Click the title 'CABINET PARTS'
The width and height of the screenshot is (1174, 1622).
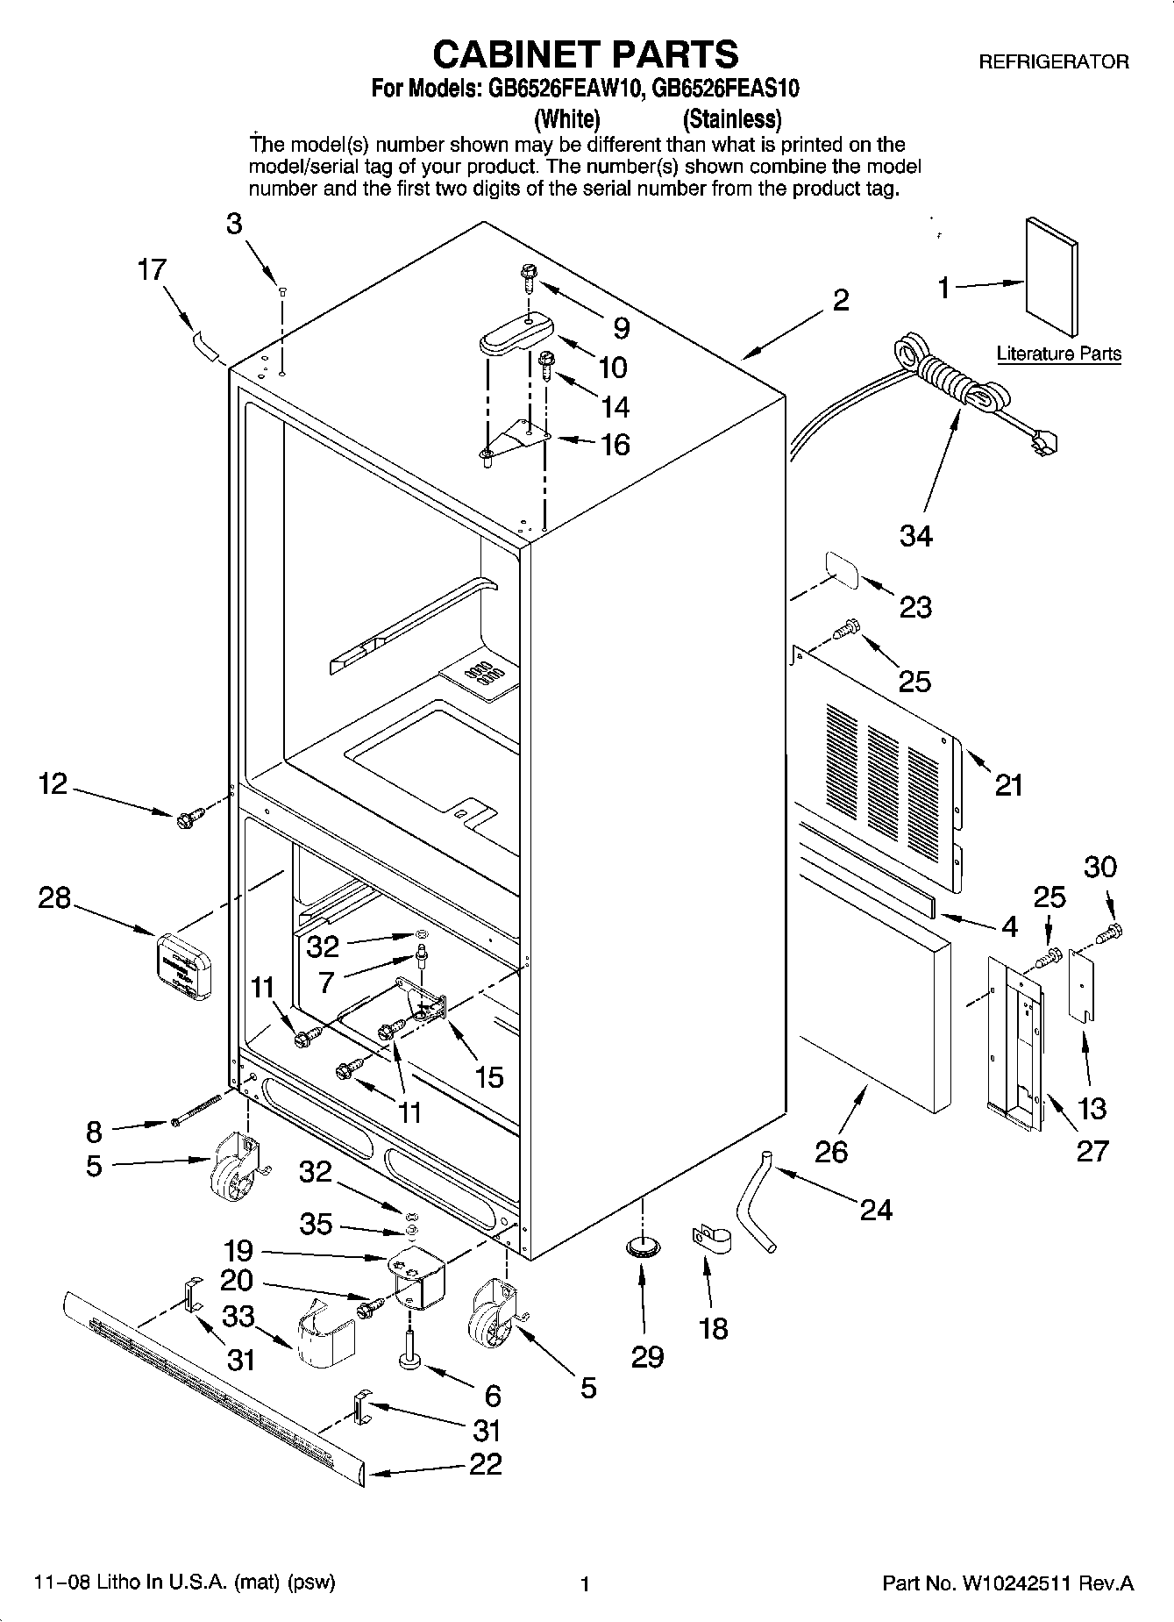coord(586,54)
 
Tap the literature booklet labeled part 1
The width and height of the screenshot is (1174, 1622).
coord(1051,275)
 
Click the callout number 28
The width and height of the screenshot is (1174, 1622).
coord(53,897)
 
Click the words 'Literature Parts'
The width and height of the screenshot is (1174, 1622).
coord(1058,354)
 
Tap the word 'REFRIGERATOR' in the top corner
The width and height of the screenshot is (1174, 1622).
coord(1053,61)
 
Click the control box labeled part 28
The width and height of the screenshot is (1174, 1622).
coord(182,967)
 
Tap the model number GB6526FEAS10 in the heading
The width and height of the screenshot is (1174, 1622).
coord(727,89)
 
